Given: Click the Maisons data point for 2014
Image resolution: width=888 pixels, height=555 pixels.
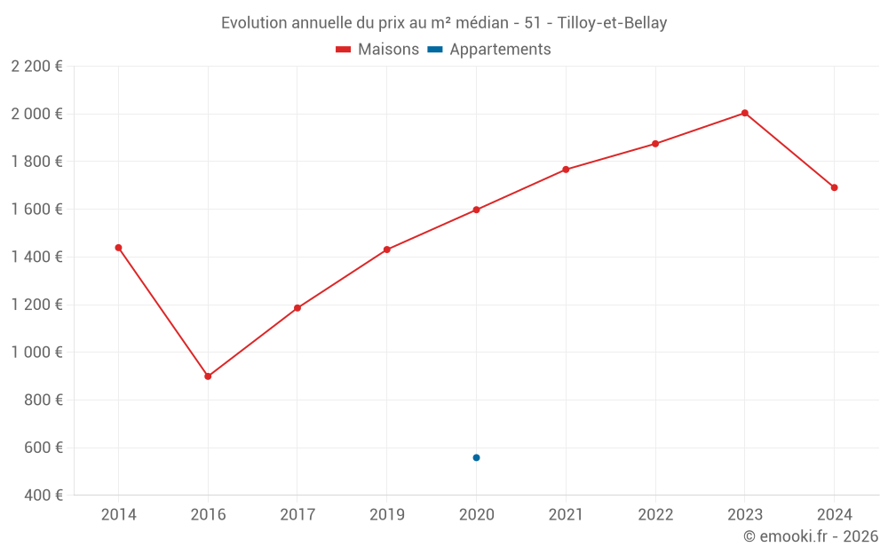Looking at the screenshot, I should point(118,248).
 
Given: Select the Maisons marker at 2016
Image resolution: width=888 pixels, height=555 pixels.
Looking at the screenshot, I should point(208,377).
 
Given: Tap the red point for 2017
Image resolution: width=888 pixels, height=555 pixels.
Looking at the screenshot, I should point(297,308).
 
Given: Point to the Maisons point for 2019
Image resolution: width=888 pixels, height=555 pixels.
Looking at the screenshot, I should point(387,250).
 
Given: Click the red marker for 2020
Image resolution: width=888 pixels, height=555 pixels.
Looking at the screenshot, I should point(476,210).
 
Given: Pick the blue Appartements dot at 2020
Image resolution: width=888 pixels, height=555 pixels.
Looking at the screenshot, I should point(476,457).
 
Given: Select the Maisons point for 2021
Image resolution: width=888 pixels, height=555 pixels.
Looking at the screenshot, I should point(566,170).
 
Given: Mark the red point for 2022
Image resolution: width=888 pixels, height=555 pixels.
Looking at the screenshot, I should point(655,144).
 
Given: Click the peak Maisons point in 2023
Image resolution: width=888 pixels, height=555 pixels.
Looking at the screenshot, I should point(745,113).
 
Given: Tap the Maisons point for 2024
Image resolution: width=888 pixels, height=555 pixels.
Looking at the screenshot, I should point(834,187).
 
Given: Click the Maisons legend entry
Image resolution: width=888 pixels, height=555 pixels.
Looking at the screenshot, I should point(377,50).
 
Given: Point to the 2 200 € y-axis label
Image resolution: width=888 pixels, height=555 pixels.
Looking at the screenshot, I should point(36,66).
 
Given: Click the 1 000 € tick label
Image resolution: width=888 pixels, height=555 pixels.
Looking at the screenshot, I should point(36,353).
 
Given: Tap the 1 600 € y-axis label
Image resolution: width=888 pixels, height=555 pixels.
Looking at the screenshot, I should point(36,210).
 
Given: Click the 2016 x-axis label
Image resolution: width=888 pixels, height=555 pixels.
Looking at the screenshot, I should point(208,515).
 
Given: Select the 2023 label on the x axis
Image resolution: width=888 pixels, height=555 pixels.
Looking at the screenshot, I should point(745,515).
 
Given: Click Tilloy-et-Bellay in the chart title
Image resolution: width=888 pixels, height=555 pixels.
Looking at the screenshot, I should point(612,23).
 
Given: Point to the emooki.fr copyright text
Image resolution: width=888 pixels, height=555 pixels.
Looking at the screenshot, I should point(811,536).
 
